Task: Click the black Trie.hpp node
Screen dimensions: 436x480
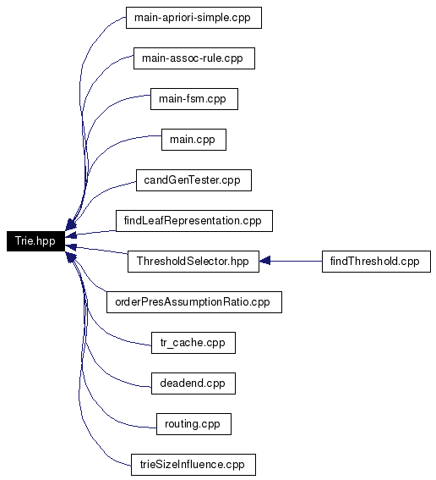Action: (35, 241)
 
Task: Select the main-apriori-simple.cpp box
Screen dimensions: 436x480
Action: (193, 18)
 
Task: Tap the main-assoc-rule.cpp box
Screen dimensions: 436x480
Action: (194, 58)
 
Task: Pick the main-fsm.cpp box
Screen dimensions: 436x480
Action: (194, 99)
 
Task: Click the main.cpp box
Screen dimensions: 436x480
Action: (193, 140)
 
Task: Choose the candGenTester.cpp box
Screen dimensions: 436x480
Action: (193, 180)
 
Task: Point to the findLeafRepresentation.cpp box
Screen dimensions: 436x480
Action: (194, 221)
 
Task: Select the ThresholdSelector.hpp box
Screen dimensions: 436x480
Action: (193, 262)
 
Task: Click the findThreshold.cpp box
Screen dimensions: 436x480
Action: (376, 262)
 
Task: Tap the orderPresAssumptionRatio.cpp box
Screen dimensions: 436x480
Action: (194, 302)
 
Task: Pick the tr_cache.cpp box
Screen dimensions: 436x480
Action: (193, 343)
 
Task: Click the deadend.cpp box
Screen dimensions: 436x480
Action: (193, 383)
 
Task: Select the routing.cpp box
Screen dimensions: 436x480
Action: (193, 424)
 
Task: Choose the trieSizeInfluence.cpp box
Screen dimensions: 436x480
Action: (193, 465)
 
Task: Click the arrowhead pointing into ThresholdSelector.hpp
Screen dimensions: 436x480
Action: (264, 262)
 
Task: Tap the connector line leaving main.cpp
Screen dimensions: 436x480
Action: (97, 159)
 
